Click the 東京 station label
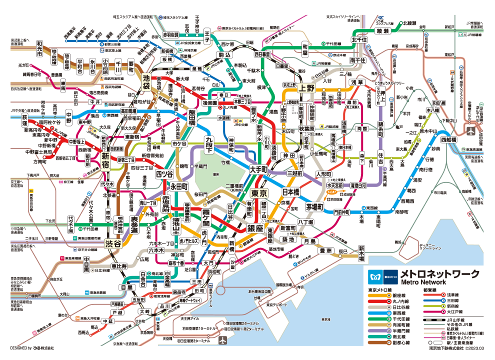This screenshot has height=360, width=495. [x=258, y=193]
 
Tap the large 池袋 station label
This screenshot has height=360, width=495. [x=146, y=81]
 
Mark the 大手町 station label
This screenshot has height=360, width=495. [x=258, y=169]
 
